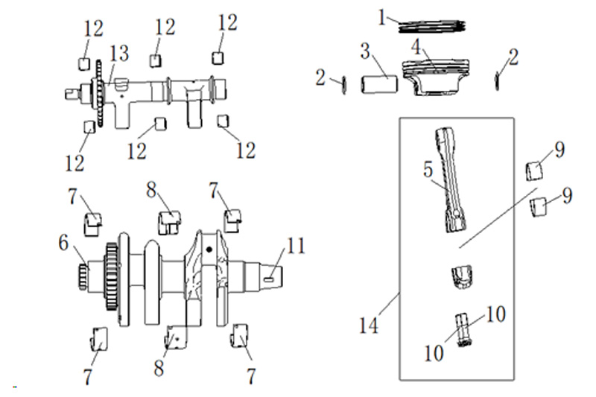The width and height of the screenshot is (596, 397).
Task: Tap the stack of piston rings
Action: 432,27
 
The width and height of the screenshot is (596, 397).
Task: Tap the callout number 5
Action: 428,169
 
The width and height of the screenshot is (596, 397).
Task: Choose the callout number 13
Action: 119,54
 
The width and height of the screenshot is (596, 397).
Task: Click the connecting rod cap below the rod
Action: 461,278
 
